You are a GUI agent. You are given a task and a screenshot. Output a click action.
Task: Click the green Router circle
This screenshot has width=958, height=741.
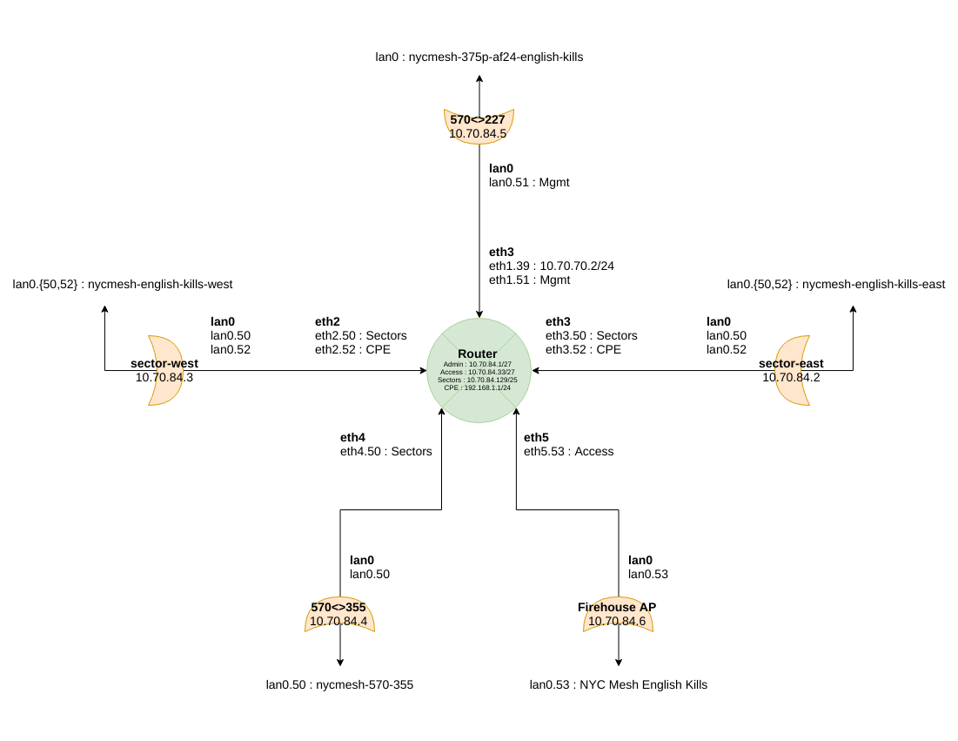point(479,371)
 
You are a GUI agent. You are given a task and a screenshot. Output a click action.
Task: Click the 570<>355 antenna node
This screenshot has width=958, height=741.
point(339,614)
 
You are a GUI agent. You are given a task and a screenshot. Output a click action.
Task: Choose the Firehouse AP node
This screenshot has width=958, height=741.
point(619,614)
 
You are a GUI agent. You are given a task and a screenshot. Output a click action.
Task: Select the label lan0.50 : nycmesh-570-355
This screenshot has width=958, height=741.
point(339,684)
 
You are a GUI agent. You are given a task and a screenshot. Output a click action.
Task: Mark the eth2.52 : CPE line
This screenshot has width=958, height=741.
point(352,350)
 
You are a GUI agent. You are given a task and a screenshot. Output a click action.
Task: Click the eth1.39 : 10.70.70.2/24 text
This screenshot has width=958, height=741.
point(551,266)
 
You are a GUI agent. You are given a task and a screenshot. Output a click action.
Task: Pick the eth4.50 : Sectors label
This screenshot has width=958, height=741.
point(386,451)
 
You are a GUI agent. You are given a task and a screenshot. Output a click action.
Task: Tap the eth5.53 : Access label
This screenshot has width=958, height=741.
point(569,451)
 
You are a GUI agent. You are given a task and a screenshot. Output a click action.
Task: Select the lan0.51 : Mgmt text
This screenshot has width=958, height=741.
point(529,182)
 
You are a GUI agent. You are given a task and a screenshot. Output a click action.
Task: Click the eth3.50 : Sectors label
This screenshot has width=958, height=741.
point(592,335)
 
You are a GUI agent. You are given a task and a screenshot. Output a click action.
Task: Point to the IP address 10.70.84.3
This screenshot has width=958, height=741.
point(164,377)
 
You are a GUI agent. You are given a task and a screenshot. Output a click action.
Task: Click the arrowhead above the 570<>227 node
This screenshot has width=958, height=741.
point(479,78)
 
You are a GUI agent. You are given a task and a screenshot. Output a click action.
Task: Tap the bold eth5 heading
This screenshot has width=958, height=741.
point(536,438)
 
